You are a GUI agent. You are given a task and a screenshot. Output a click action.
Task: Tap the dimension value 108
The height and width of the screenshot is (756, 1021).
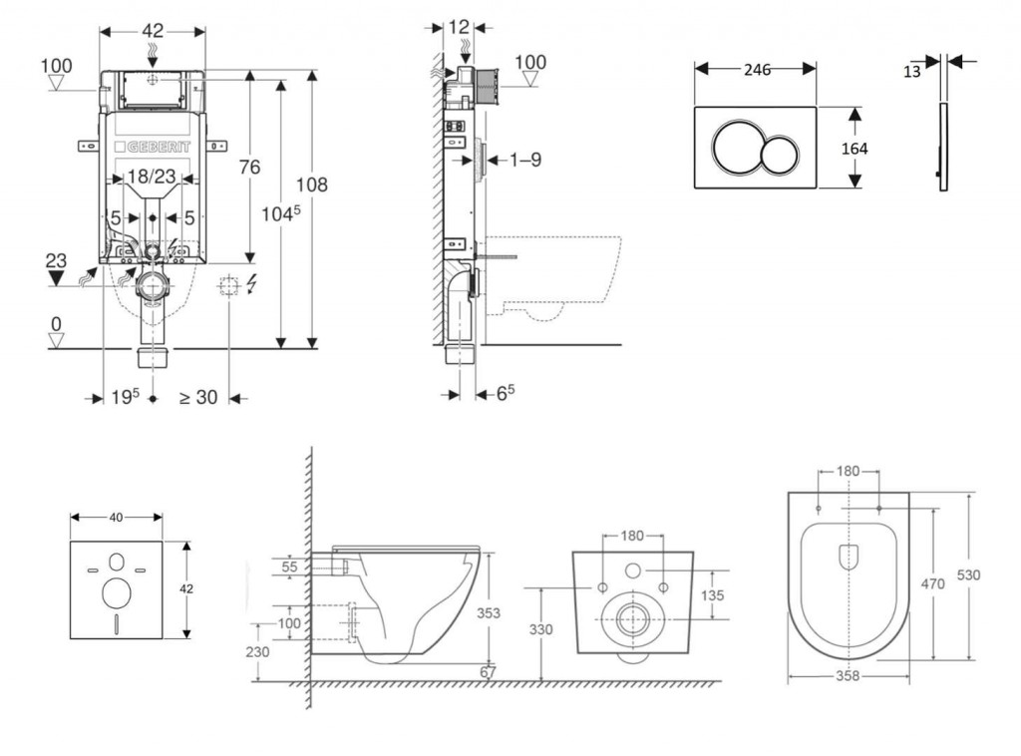click(x=311, y=185)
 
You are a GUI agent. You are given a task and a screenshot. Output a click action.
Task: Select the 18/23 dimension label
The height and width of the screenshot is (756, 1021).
click(x=152, y=177)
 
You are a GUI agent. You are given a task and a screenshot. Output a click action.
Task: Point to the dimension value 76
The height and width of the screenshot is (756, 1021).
click(x=248, y=167)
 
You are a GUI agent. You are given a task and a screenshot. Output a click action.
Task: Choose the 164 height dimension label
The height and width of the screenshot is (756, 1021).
click(x=854, y=148)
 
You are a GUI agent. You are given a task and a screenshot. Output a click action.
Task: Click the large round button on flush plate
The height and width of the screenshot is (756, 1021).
click(x=738, y=148)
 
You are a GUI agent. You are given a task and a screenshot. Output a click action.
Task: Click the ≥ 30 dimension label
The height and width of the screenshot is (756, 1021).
click(x=197, y=397)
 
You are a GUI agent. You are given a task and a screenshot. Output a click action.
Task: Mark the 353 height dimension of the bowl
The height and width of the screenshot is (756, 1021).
click(x=488, y=612)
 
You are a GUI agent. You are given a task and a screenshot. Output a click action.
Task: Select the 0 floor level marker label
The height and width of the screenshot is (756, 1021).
click(x=57, y=324)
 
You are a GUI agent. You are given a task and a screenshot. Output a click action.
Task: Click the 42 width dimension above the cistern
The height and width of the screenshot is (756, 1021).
click(x=152, y=30)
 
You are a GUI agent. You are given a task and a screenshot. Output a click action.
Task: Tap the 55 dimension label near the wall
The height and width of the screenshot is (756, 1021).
click(x=291, y=567)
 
